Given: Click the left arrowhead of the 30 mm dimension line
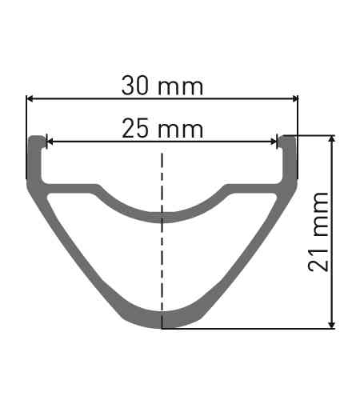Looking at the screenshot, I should [30, 99].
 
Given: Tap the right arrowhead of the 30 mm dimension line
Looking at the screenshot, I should [294, 99].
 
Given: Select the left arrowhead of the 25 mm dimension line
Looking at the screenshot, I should [50, 142].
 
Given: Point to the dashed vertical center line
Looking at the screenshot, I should [162, 240].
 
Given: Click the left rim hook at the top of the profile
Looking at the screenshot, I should [35, 152].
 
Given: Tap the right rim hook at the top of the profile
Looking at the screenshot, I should [289, 152].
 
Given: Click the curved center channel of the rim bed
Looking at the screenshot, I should [162, 214].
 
